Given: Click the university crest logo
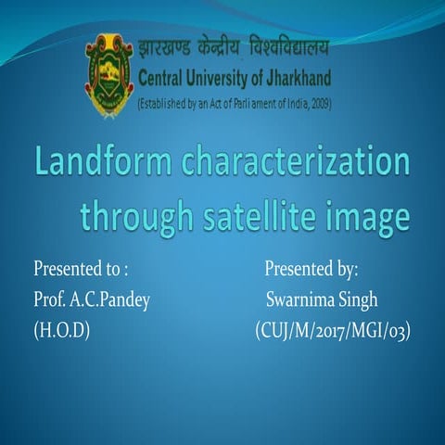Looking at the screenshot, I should [109, 76].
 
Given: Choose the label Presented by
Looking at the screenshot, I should [311, 270].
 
